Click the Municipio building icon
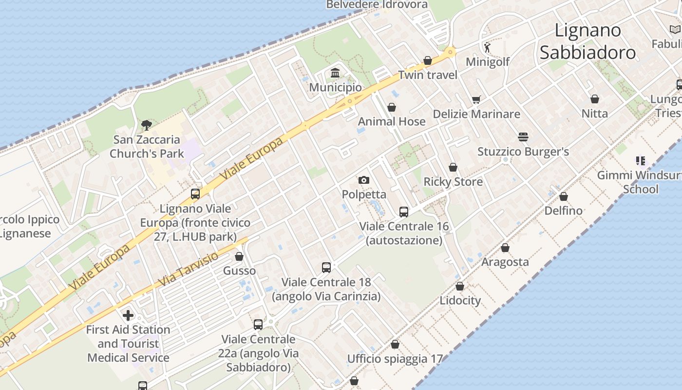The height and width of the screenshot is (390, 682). [x=335, y=73]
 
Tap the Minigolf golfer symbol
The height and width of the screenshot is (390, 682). [x=487, y=47]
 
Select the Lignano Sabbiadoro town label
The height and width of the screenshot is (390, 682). [x=588, y=41]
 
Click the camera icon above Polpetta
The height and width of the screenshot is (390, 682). [x=363, y=180]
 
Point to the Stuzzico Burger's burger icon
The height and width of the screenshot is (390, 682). [x=523, y=137]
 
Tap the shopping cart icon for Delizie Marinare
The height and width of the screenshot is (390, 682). [x=476, y=100]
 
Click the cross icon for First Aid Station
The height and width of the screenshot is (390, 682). [x=128, y=315]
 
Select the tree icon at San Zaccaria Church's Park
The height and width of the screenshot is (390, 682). [x=146, y=125]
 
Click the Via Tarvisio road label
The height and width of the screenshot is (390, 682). [x=189, y=269]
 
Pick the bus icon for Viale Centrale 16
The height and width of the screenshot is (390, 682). [x=404, y=212]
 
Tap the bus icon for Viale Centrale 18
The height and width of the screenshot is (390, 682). [x=326, y=267]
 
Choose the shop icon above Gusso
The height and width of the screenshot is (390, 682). [x=239, y=256]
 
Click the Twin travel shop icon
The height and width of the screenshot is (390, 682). [x=428, y=60]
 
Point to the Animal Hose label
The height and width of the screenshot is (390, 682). [x=392, y=121]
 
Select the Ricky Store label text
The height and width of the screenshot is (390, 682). [x=453, y=182]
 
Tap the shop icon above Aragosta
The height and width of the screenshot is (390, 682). [x=505, y=248]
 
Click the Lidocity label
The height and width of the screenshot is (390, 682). [x=460, y=300]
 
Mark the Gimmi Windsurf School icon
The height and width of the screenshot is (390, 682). [x=641, y=160]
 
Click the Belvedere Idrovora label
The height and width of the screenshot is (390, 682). [x=377, y=5]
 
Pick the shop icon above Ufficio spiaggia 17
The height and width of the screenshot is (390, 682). [x=395, y=345]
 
